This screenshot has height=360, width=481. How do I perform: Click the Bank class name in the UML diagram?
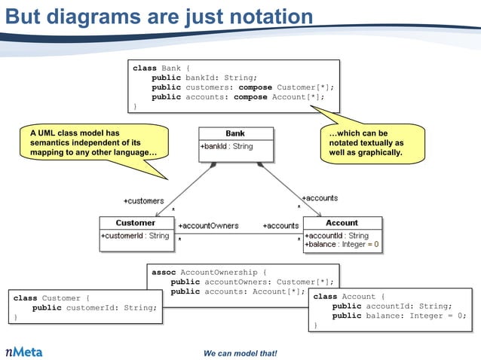pyautogui.click(x=235, y=133)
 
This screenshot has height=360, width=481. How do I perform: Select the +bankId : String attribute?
pyautogui.click(x=226, y=146)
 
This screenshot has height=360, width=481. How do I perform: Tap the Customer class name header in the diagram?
pyautogui.click(x=136, y=223)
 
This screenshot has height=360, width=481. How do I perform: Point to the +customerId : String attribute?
pyautogui.click(x=135, y=236)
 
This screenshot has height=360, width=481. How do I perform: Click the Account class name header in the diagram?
pyautogui.click(x=342, y=223)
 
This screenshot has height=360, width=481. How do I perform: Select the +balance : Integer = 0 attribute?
pyautogui.click(x=342, y=245)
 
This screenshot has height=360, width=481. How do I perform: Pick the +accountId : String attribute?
pyautogui.click(x=336, y=236)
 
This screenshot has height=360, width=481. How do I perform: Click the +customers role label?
pyautogui.click(x=143, y=200)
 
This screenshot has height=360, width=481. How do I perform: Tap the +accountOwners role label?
pyautogui.click(x=208, y=225)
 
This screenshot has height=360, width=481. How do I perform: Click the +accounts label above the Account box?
pyautogui.click(x=320, y=197)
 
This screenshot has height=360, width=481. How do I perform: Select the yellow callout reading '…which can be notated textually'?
pyautogui.click(x=366, y=143)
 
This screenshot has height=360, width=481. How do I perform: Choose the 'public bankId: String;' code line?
pyautogui.click(x=204, y=78)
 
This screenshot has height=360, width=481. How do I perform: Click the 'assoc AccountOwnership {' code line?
pyautogui.click(x=210, y=272)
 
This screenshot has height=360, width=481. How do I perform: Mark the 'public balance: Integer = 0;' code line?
pyautogui.click(x=399, y=316)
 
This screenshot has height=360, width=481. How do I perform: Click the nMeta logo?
pyautogui.click(x=25, y=351)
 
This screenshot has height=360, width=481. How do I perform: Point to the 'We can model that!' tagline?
pyautogui.click(x=240, y=353)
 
